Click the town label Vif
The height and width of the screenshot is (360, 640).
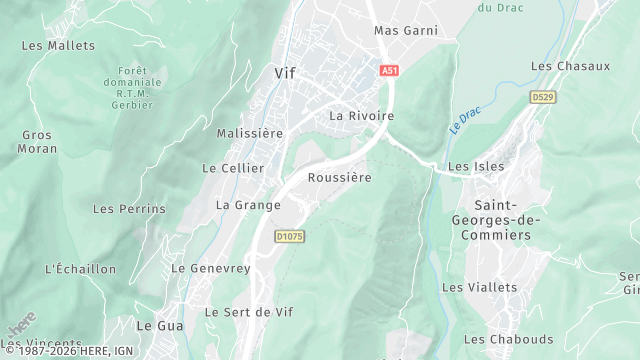[x=285, y=73]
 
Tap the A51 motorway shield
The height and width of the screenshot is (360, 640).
[x=390, y=70]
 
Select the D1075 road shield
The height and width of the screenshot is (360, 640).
[x=288, y=236]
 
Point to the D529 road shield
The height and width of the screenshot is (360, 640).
[x=541, y=96]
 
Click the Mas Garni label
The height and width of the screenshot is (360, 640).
[x=406, y=31]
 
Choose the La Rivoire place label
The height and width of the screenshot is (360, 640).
[x=361, y=116]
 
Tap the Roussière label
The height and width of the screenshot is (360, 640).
[x=340, y=178]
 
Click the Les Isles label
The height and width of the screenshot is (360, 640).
[x=476, y=166]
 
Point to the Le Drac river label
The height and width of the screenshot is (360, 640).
[x=465, y=121]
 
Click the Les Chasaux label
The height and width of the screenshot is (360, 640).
[x=570, y=66]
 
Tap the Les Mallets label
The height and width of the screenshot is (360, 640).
[x=58, y=46]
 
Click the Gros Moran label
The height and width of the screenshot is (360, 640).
[x=37, y=141]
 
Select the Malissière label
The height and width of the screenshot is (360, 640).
[x=251, y=133]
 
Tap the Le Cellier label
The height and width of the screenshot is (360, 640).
[x=233, y=168]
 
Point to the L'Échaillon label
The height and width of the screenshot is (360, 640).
[x=81, y=269]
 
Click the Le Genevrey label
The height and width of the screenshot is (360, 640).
[x=210, y=268]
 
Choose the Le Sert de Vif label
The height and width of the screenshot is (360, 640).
[x=253, y=312]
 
